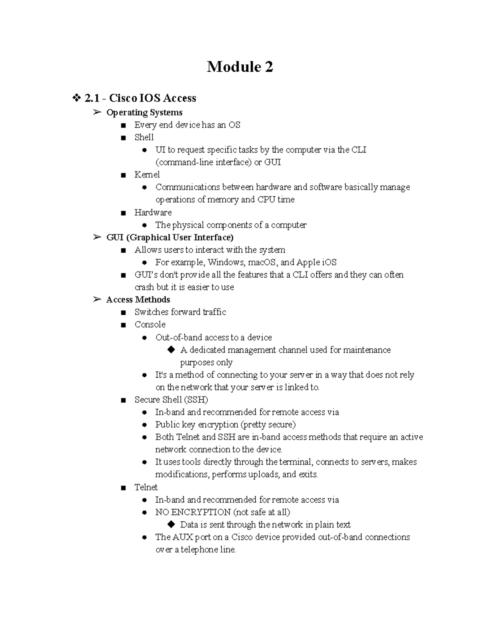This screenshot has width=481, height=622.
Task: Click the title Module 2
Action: [240, 67]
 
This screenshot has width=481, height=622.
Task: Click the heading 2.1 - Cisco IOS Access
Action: [140, 98]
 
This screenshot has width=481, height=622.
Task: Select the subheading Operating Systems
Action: [144, 113]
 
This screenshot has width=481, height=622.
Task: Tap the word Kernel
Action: [147, 175]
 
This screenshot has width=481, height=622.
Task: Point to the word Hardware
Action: [153, 212]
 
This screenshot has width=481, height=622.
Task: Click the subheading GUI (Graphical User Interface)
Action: [170, 238]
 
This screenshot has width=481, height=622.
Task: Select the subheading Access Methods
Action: [138, 300]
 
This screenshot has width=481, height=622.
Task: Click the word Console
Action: [150, 324]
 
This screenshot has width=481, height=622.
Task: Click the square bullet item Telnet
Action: [146, 487]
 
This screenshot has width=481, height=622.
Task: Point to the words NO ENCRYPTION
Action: [193, 512]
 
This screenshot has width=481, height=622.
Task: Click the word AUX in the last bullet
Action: [183, 537]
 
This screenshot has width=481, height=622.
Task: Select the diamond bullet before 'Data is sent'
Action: [171, 524]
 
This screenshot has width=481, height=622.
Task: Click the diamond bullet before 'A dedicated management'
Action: [171, 350]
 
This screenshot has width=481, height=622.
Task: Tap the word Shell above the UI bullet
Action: [144, 137]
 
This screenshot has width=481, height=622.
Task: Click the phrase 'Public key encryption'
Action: [197, 425]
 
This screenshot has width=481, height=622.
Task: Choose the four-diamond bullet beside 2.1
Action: [76, 98]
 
